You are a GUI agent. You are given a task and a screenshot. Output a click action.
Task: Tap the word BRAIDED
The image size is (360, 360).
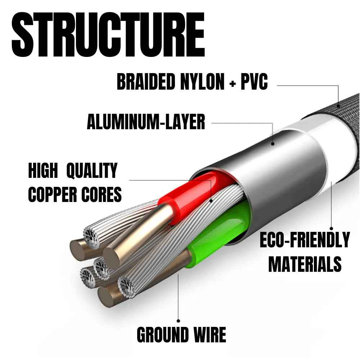click(143, 82)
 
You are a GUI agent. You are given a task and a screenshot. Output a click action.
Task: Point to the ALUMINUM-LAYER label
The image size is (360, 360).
click(146, 122)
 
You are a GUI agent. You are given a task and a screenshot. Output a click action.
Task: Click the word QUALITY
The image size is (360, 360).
click(92, 171)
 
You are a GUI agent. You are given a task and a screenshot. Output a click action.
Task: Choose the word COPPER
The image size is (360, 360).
click(53, 194)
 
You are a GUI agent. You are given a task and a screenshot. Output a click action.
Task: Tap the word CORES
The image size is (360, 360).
click(102, 194)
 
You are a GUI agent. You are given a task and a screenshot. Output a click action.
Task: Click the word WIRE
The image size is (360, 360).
click(210, 335)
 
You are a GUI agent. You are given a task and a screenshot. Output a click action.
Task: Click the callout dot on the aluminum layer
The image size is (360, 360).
click(273, 143)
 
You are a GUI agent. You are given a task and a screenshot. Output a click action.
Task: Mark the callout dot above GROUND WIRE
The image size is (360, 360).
click(179, 320)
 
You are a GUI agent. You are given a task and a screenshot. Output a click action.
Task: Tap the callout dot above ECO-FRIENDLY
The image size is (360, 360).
click(332, 228)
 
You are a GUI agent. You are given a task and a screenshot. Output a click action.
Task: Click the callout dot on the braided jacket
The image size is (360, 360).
click(339, 106)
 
